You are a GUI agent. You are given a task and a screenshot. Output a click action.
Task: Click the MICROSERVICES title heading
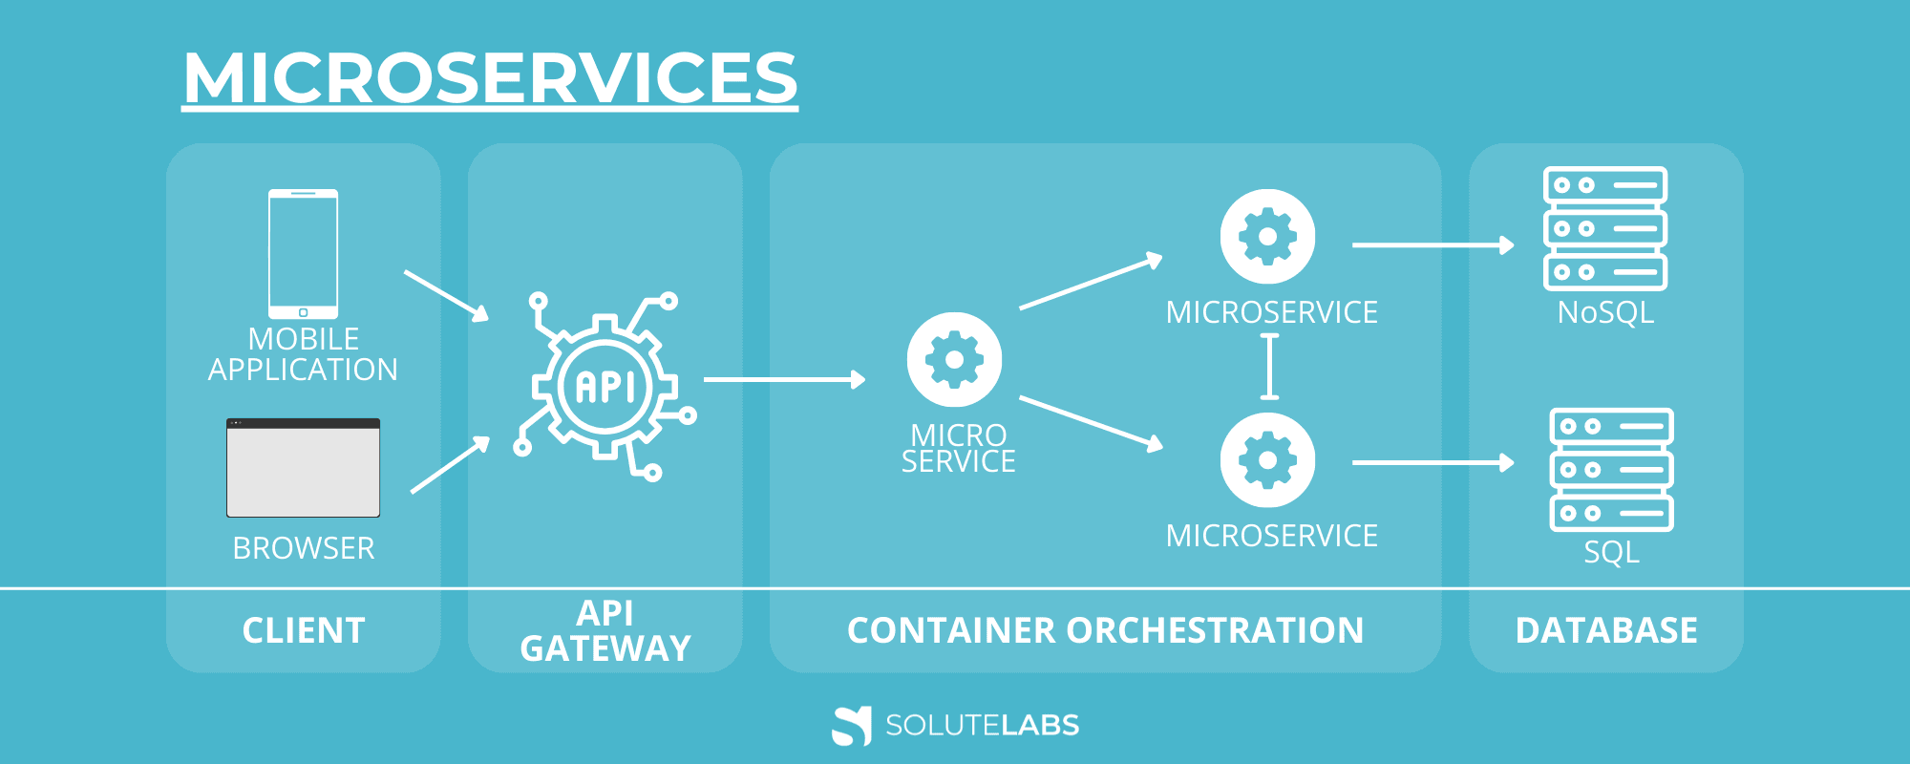tap(490, 78)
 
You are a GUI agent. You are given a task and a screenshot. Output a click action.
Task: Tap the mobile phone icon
tap(303, 254)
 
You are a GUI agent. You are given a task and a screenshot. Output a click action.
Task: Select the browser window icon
tap(303, 468)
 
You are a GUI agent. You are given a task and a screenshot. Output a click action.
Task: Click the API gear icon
tap(605, 386)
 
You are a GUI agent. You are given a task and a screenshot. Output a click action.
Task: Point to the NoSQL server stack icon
tap(1605, 228)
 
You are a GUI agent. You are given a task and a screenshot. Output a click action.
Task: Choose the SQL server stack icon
tap(1611, 470)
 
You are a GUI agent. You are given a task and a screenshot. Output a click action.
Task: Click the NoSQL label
tap(1605, 312)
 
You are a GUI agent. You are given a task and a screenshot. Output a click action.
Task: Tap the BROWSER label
tap(303, 548)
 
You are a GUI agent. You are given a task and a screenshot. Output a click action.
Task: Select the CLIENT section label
tap(303, 630)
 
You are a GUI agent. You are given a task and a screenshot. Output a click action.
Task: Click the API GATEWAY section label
tap(605, 630)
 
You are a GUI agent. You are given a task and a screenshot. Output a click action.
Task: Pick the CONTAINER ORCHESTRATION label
tap(1105, 630)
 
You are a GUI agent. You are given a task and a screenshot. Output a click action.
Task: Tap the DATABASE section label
tap(1606, 630)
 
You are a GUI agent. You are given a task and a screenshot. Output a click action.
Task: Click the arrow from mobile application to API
tap(446, 295)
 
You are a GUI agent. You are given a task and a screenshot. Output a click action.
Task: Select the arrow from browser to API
tap(450, 465)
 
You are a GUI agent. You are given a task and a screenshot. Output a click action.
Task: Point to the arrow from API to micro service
tap(784, 380)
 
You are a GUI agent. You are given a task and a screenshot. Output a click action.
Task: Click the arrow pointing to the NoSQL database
tap(1432, 245)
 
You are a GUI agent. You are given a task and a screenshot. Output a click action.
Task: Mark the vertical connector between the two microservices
tap(1269, 366)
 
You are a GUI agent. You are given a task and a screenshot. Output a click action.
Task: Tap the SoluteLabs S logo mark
tap(851, 726)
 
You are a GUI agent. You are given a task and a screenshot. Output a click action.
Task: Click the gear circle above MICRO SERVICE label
tap(954, 360)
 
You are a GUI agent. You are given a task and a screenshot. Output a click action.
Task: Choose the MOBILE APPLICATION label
tap(303, 354)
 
